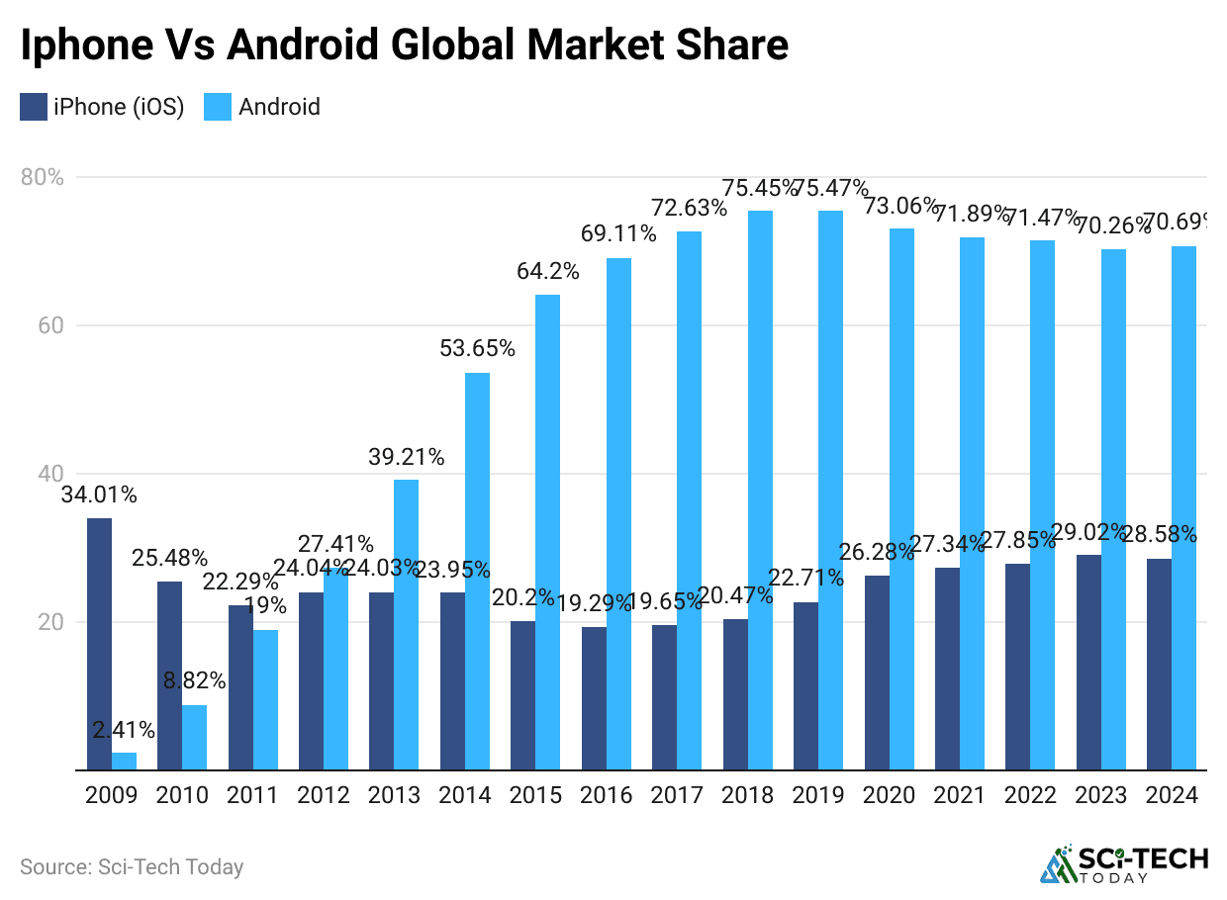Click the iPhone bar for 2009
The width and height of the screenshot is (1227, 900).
pyautogui.click(x=99, y=644)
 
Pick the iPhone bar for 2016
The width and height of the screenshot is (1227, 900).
pyautogui.click(x=594, y=698)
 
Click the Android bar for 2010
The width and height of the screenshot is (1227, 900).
pyautogui.click(x=194, y=738)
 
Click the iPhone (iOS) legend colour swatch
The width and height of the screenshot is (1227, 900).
pyautogui.click(x=33, y=107)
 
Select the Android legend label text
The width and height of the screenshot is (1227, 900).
pyautogui.click(x=279, y=107)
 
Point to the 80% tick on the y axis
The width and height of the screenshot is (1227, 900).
pyautogui.click(x=42, y=178)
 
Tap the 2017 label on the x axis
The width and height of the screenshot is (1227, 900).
pyautogui.click(x=677, y=795)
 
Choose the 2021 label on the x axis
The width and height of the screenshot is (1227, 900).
pyautogui.click(x=960, y=795)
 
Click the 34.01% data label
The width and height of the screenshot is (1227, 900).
pyautogui.click(x=99, y=495)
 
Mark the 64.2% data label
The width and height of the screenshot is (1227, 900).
pyautogui.click(x=547, y=271)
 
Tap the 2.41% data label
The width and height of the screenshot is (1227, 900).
pyautogui.click(x=124, y=730)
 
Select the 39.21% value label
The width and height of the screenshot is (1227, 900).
pyautogui.click(x=407, y=457)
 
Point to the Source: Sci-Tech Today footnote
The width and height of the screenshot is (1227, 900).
pyautogui.click(x=132, y=867)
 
